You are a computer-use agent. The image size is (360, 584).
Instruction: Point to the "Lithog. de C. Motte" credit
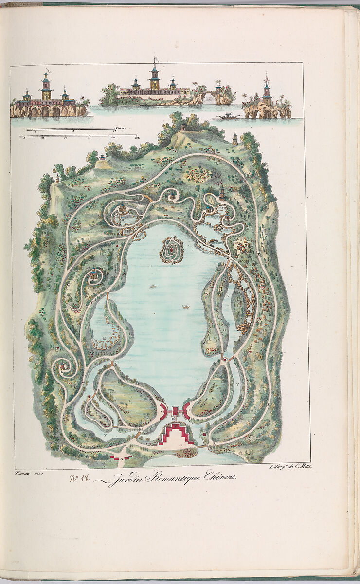pyautogui.click(x=290, y=466)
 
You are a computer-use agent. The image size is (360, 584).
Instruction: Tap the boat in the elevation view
pyautogui.click(x=229, y=116)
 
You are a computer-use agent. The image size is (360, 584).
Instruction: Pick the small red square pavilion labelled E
pyautogui.click(x=175, y=412)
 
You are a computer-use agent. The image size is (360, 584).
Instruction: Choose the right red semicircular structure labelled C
pyautogui.click(x=186, y=411)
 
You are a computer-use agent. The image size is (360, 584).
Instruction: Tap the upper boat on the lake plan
pyautogui.click(x=153, y=286)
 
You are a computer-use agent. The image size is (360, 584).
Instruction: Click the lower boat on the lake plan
pyautogui.click(x=185, y=307)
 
